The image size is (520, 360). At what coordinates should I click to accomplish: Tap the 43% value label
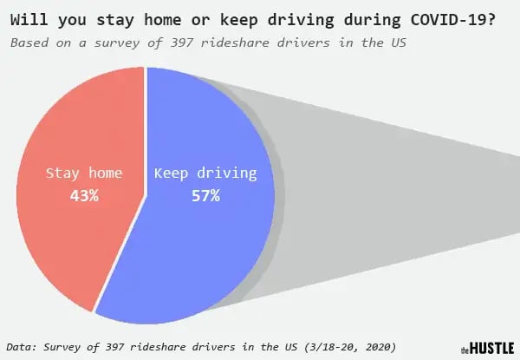[84, 196]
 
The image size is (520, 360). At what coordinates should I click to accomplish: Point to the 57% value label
[206, 196]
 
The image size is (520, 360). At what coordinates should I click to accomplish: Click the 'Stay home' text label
[84, 173]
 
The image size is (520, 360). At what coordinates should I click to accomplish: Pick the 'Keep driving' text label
[205, 173]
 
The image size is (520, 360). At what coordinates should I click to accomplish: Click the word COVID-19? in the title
[453, 20]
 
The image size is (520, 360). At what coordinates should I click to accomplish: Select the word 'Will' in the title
[29, 20]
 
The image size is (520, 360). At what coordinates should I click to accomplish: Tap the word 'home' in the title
[163, 20]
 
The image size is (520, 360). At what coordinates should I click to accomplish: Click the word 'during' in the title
[372, 21]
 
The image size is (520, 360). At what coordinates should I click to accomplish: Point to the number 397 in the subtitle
[182, 43]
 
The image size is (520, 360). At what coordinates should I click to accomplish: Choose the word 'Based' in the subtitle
[29, 43]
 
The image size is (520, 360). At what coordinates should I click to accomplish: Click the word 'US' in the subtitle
[399, 43]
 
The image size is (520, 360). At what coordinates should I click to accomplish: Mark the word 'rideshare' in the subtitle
[235, 43]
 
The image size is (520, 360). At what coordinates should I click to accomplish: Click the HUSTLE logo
[487, 348]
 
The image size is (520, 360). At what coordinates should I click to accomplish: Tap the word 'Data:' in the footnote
[21, 347]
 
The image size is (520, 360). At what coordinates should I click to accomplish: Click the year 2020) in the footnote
[381, 347]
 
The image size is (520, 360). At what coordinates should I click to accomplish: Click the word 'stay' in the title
[115, 21]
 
